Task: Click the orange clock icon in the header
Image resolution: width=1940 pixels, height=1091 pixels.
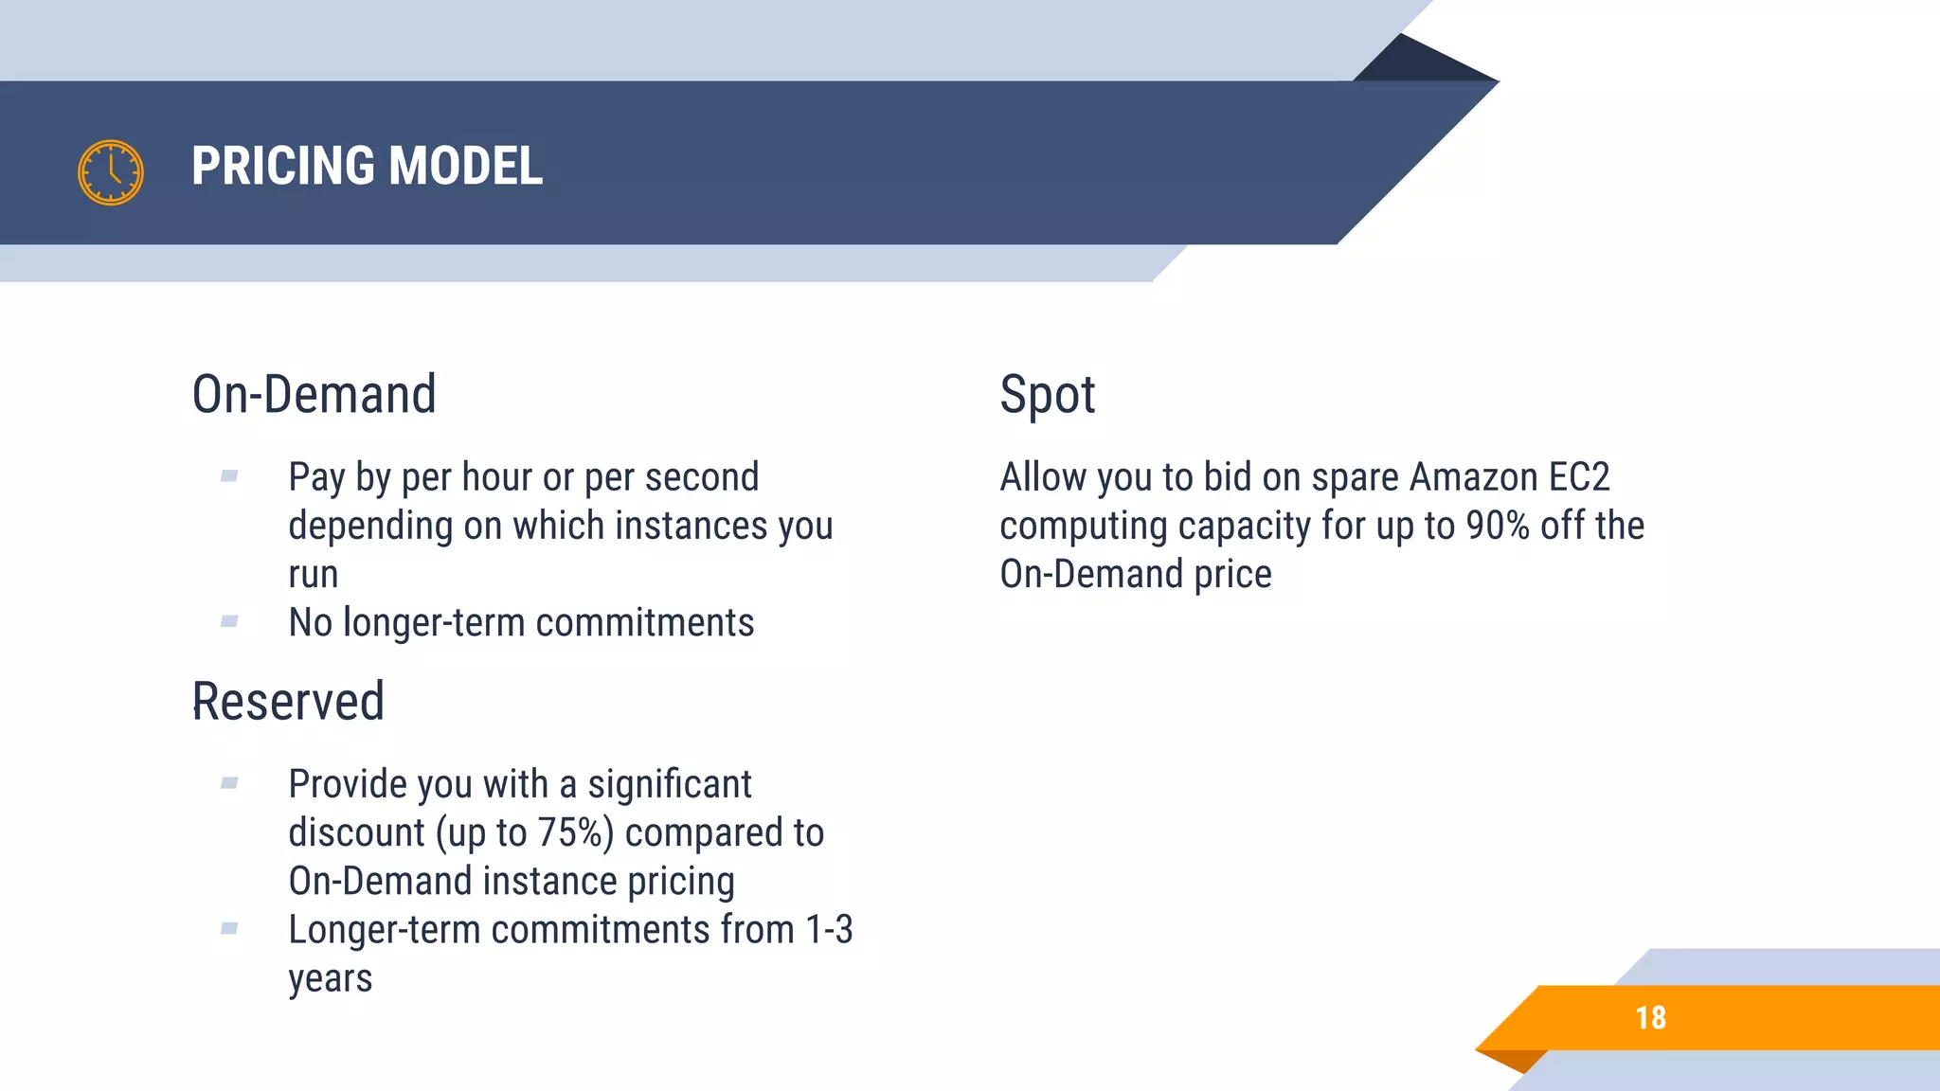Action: pyautogui.click(x=111, y=172)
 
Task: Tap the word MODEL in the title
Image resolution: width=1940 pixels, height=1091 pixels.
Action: pyautogui.click(x=465, y=167)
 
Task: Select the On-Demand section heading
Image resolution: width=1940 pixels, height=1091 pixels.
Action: pyautogui.click(x=314, y=395)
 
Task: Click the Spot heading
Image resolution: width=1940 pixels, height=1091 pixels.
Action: pyautogui.click(x=1047, y=395)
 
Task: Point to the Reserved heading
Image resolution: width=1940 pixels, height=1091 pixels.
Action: pyautogui.click(x=288, y=702)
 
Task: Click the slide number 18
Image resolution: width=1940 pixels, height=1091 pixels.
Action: pyautogui.click(x=1650, y=1018)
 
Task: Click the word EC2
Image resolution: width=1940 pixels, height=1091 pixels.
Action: pyautogui.click(x=1579, y=477)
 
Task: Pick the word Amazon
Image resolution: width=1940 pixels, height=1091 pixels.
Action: pyautogui.click(x=1473, y=477)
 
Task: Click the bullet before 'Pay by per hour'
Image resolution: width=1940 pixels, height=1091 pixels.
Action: pyautogui.click(x=229, y=476)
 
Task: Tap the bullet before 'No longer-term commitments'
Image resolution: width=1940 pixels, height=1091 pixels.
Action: pyautogui.click(x=229, y=622)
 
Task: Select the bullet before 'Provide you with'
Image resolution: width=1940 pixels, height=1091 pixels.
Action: pyautogui.click(x=229, y=783)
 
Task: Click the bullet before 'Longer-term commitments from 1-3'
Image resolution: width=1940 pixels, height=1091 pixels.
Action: pyautogui.click(x=229, y=929)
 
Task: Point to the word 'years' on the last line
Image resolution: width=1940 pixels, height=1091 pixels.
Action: pyautogui.click(x=330, y=979)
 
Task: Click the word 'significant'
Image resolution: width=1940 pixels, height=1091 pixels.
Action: pyautogui.click(x=670, y=784)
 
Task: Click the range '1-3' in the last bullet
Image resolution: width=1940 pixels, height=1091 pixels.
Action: pyautogui.click(x=829, y=930)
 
